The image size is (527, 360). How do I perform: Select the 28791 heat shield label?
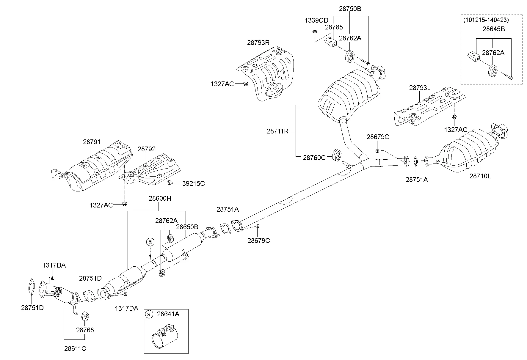click(x=92, y=142)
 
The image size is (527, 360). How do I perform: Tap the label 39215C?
click(x=193, y=184)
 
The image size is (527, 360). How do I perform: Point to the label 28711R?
click(x=277, y=131)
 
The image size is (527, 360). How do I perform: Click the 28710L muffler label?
click(x=480, y=176)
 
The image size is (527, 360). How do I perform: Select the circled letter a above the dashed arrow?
click(x=150, y=242)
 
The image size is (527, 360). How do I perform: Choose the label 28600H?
click(x=160, y=199)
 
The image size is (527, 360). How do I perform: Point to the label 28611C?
click(x=75, y=348)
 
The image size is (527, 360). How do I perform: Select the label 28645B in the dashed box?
click(x=493, y=29)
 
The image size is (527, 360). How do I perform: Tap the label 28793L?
click(x=420, y=88)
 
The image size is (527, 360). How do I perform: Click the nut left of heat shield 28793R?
click(x=246, y=84)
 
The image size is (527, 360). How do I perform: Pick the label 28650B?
click(x=187, y=227)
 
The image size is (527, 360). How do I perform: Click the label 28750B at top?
click(x=350, y=9)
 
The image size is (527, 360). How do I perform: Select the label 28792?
click(x=146, y=149)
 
